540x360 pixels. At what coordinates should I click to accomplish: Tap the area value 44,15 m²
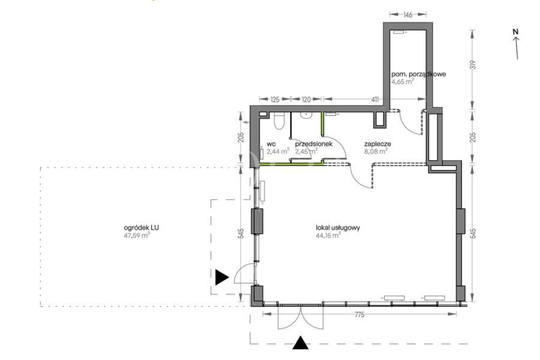click(328, 235)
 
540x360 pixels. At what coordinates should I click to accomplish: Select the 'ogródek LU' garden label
click(141, 228)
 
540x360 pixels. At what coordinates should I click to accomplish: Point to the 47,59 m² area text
click(137, 236)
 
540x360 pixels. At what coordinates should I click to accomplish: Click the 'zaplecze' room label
click(378, 144)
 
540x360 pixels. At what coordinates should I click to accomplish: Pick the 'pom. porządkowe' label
click(418, 74)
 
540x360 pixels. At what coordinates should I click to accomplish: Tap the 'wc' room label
click(271, 144)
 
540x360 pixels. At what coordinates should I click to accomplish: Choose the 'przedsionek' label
click(314, 144)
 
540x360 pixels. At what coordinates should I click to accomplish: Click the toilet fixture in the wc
click(279, 121)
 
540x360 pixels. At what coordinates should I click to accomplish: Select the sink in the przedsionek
click(306, 115)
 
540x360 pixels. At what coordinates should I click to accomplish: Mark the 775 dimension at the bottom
click(359, 314)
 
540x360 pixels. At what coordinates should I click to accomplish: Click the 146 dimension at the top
click(408, 15)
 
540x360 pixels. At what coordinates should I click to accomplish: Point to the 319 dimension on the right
click(473, 65)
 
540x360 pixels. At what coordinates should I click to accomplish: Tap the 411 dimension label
click(374, 100)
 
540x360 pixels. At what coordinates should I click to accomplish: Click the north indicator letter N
click(515, 32)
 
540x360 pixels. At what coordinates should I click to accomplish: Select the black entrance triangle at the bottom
click(301, 343)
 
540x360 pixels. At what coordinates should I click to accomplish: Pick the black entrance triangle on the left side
click(222, 277)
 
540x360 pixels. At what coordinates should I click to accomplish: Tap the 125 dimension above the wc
click(275, 100)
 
